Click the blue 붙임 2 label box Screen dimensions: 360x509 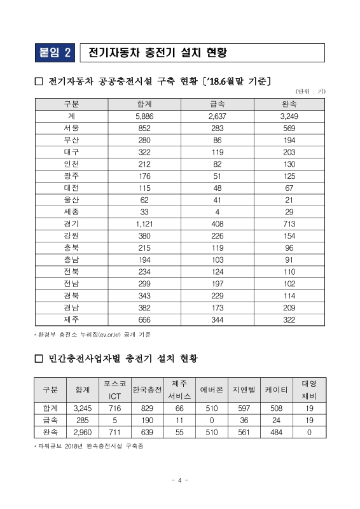point(55,52)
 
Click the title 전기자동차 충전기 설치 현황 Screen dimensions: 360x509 point(159,52)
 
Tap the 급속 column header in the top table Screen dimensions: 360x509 point(217,104)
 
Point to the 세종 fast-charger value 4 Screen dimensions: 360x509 point(217,212)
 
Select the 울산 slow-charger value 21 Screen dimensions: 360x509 point(289,200)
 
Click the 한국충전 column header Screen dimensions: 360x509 point(147,389)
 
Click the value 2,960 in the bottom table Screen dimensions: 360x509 point(83,433)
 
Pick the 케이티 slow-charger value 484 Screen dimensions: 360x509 point(277,433)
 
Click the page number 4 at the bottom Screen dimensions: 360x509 point(180,480)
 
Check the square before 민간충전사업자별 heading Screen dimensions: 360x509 point(38,359)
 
